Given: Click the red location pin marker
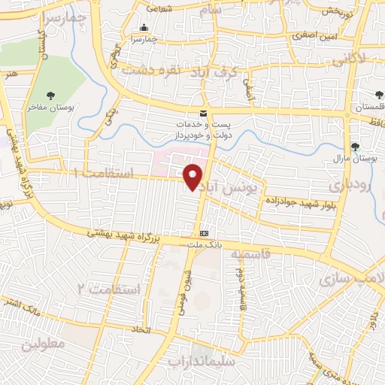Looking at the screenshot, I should tap(193, 176).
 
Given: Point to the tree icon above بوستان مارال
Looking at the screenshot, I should tap(354, 147).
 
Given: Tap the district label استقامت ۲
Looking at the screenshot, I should tap(109, 289).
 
